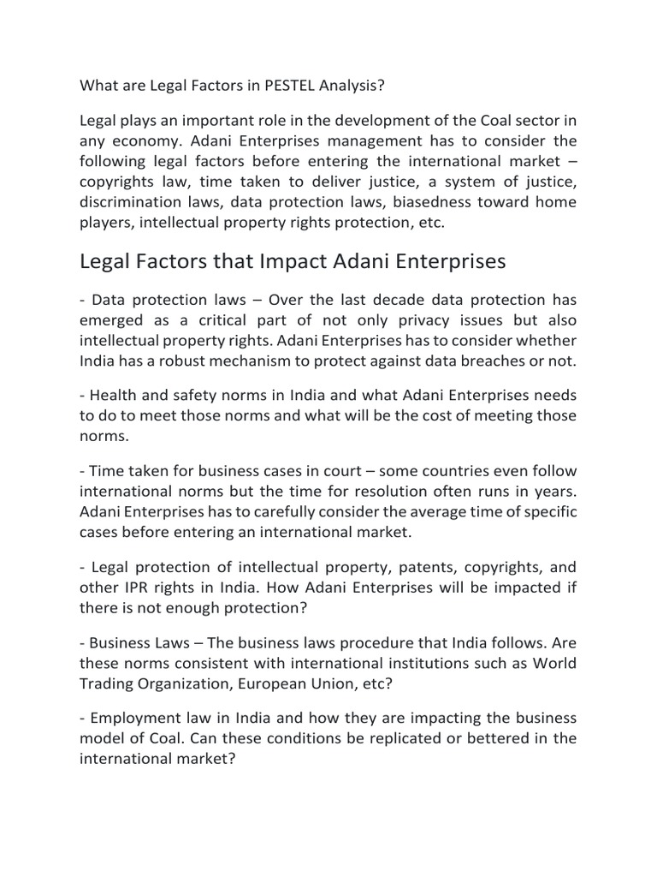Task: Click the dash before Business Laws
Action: tap(83, 643)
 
